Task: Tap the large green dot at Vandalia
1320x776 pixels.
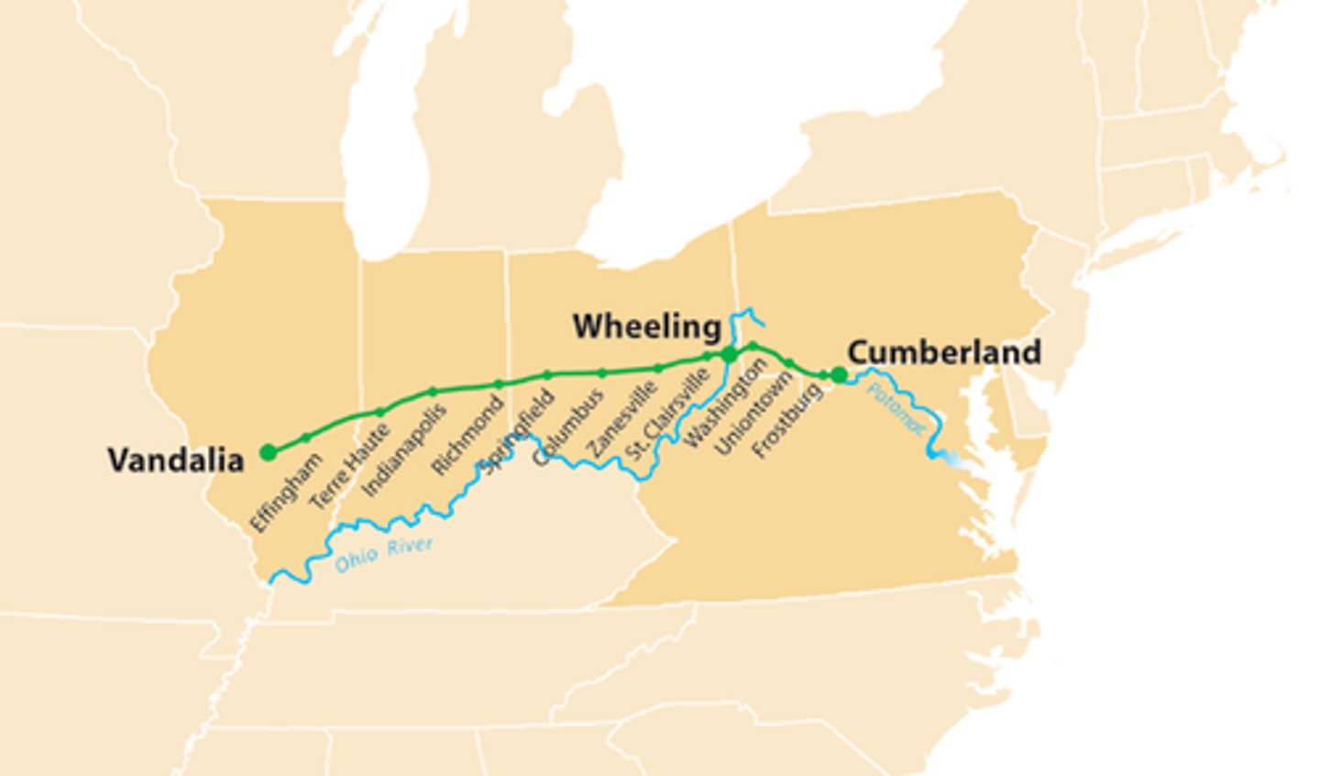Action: click(268, 452)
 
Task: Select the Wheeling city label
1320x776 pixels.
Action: click(647, 326)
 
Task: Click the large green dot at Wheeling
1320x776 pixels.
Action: click(729, 355)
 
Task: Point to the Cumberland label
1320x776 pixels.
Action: click(944, 352)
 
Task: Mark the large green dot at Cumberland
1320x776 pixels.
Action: click(839, 374)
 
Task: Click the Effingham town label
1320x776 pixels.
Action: click(286, 493)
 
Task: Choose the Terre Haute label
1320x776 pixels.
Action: click(349, 468)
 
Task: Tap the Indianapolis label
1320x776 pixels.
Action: click(404, 450)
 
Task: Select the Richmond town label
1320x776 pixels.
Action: click(467, 436)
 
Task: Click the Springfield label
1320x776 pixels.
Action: click(518, 431)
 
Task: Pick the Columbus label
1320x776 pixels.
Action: click(568, 427)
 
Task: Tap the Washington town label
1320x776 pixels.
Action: click(724, 405)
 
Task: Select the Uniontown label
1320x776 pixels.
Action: click(753, 413)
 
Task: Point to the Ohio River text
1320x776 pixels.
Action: click(383, 555)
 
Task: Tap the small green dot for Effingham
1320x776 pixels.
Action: click(306, 438)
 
